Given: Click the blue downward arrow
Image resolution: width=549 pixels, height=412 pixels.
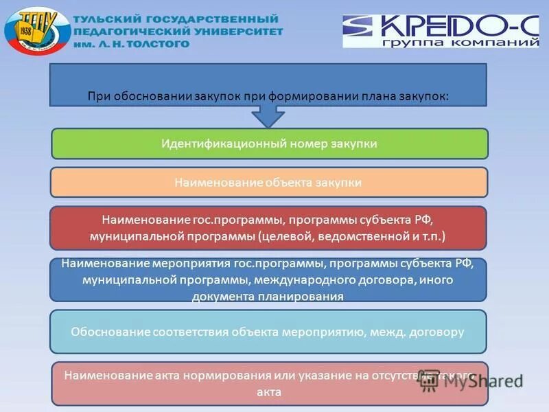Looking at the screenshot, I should (x=268, y=115).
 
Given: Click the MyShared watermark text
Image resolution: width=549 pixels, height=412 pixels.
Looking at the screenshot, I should (x=474, y=382).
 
